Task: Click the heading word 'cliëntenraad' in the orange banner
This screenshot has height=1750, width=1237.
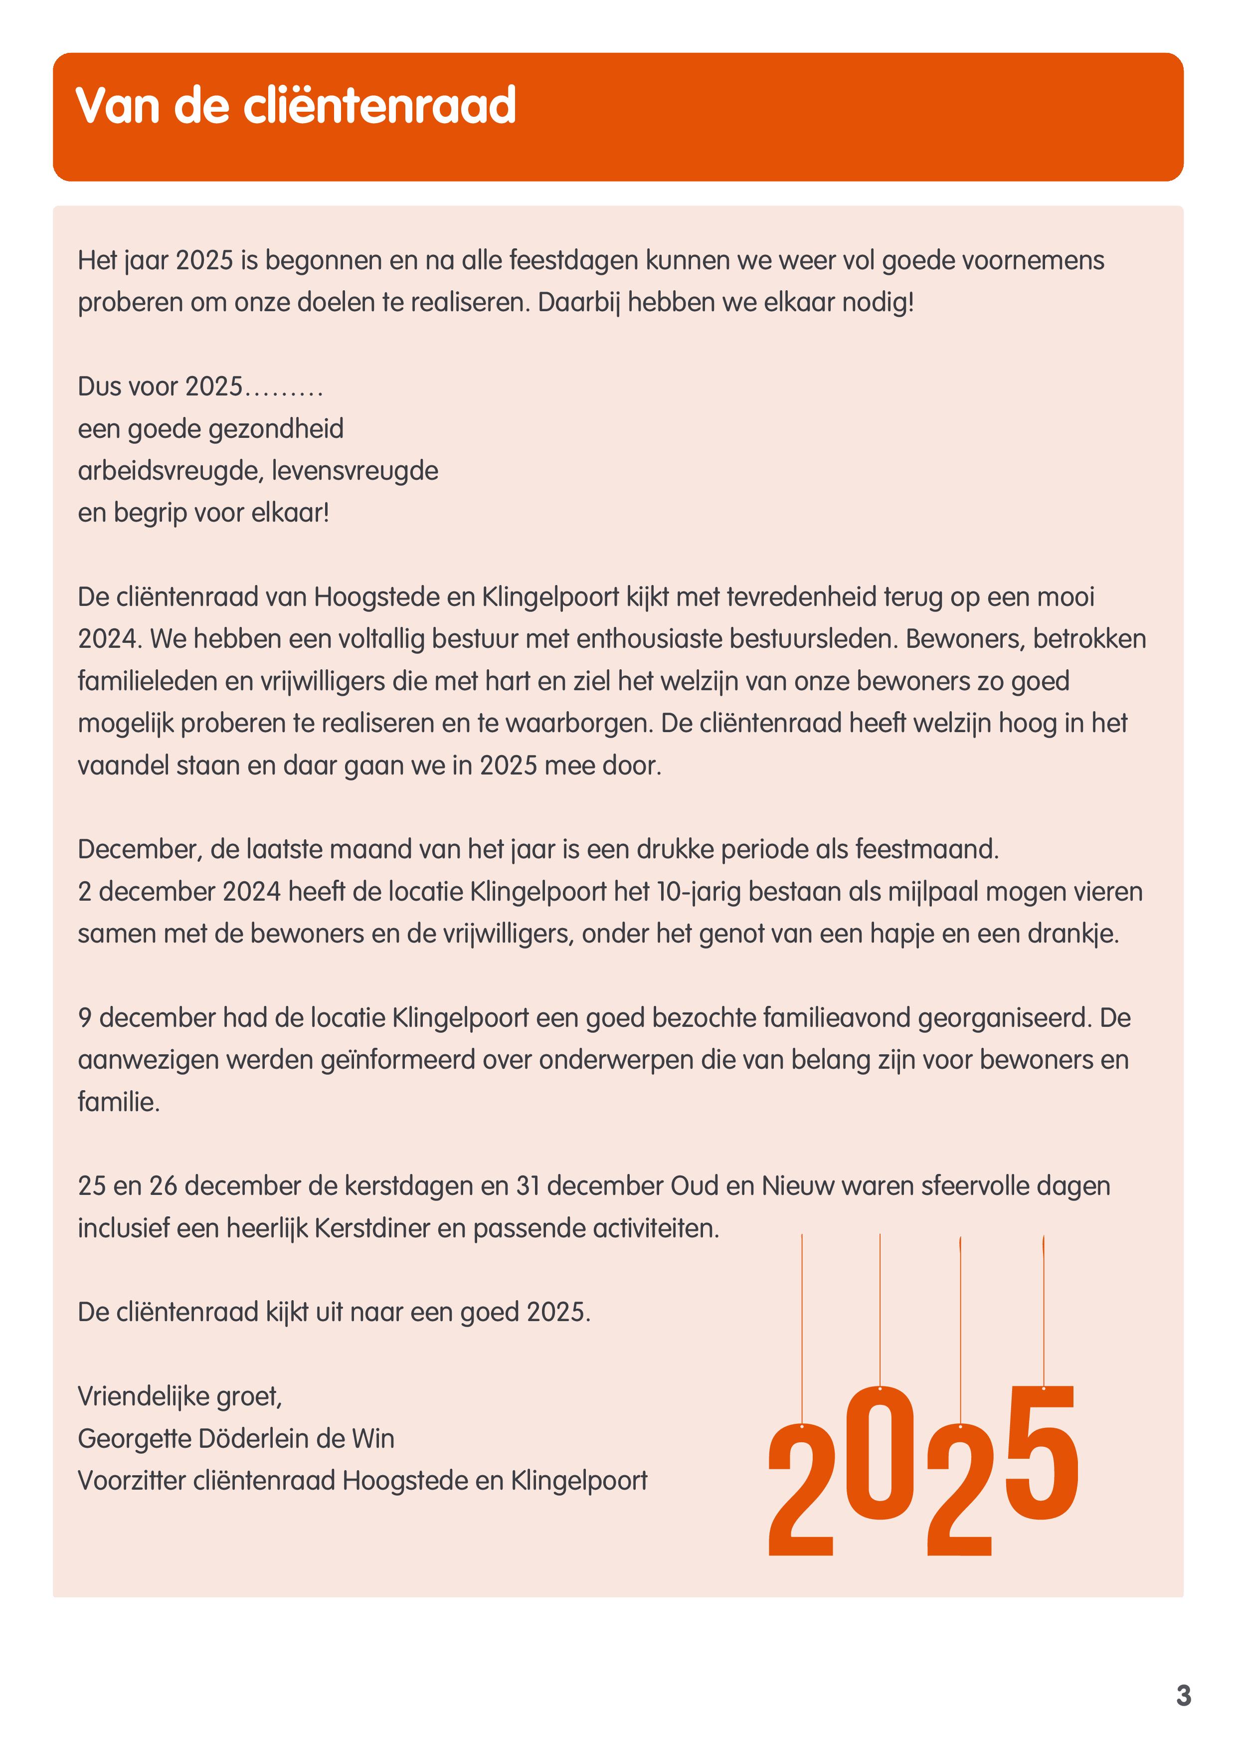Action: (379, 105)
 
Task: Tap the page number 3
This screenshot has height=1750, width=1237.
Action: (1183, 1695)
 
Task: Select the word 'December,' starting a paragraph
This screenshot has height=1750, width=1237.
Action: (140, 849)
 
